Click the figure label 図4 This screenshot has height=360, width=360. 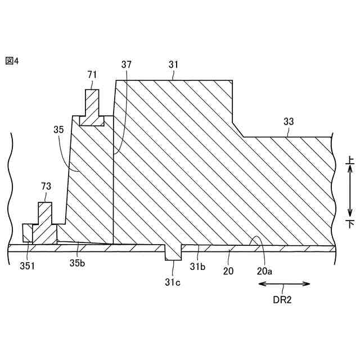(x=12, y=61)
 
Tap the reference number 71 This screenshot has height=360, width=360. (x=93, y=74)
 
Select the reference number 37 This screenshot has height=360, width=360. (x=127, y=65)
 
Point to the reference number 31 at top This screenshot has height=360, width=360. (x=174, y=65)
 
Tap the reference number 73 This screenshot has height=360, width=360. (x=47, y=186)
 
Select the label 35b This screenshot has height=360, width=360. (x=77, y=262)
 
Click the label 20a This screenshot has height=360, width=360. (x=264, y=271)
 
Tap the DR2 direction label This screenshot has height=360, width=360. (x=283, y=300)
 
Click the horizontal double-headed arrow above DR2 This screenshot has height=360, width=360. (x=283, y=284)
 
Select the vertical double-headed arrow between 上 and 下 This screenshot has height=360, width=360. (x=349, y=192)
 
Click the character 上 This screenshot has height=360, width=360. (x=349, y=160)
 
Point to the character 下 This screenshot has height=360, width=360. (x=349, y=224)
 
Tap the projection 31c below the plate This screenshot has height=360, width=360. (x=173, y=254)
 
